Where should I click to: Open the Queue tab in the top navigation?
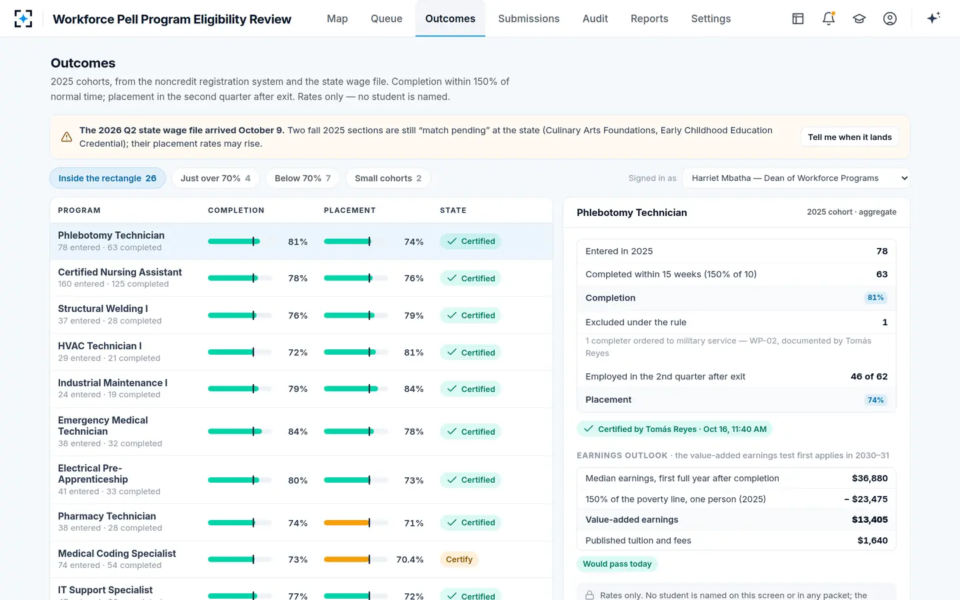pos(386,19)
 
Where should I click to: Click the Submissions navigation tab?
pos(529,19)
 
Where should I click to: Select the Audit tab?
pos(595,19)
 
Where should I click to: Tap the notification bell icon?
pos(829,19)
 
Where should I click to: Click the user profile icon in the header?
pos(890,19)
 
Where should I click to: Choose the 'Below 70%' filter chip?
pos(303,178)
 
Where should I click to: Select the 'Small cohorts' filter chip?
pos(388,178)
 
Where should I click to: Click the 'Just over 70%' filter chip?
pos(215,178)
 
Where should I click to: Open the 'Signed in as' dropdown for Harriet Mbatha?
pos(796,178)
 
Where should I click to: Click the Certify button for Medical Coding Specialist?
pos(459,559)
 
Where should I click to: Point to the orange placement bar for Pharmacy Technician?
pos(346,523)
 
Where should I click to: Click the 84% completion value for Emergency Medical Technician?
pos(298,431)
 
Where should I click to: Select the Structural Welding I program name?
pos(103,309)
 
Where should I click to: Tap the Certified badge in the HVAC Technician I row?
pos(471,352)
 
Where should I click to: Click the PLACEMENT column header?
pos(350,211)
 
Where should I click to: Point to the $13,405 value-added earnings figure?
pos(869,519)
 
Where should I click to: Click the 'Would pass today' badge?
pos(617,564)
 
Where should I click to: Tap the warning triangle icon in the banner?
pos(67,137)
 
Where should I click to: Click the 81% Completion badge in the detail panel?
pos(875,297)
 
